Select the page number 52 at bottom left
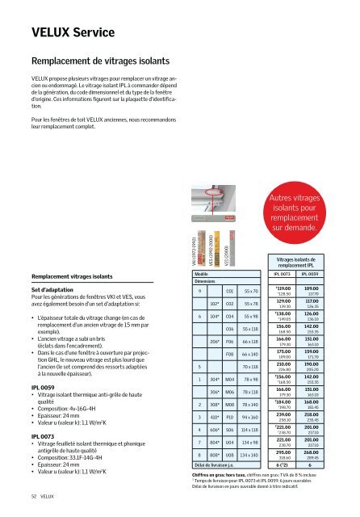[x=12, y=502]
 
